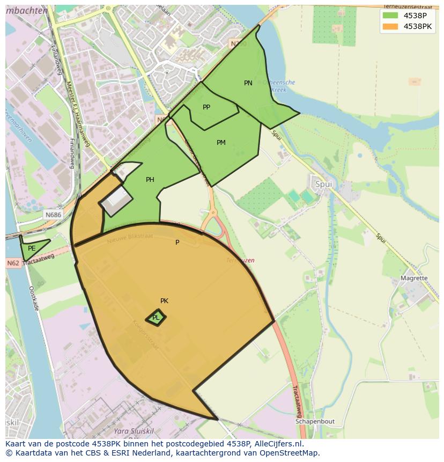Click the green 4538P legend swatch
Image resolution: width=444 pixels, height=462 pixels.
390,16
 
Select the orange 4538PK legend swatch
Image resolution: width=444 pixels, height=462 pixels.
390,26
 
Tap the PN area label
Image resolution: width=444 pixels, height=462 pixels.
248,83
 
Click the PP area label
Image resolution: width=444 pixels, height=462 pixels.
206,107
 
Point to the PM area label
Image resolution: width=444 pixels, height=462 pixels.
221,143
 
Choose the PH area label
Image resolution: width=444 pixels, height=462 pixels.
150,180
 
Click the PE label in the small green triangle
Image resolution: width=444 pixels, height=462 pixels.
32,248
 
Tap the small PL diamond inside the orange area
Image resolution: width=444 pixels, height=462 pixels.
156,318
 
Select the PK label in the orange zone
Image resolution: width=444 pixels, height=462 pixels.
165,301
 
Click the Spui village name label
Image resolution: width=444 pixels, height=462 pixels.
323,184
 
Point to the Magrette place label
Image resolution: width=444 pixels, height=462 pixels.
414,278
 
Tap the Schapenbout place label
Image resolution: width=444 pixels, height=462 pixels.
315,422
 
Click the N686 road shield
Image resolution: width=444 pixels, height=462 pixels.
53,215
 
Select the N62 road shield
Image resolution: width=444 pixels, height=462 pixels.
13,263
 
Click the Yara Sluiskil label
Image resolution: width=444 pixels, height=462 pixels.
134,431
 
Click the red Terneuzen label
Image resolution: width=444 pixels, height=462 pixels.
240,260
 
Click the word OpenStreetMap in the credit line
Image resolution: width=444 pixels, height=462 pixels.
293,453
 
